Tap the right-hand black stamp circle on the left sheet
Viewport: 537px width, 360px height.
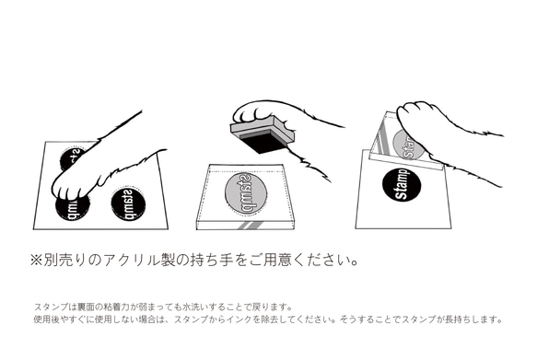coord(127,203)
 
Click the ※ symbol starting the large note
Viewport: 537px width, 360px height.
coord(38,261)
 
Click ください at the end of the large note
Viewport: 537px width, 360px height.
coord(317,261)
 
